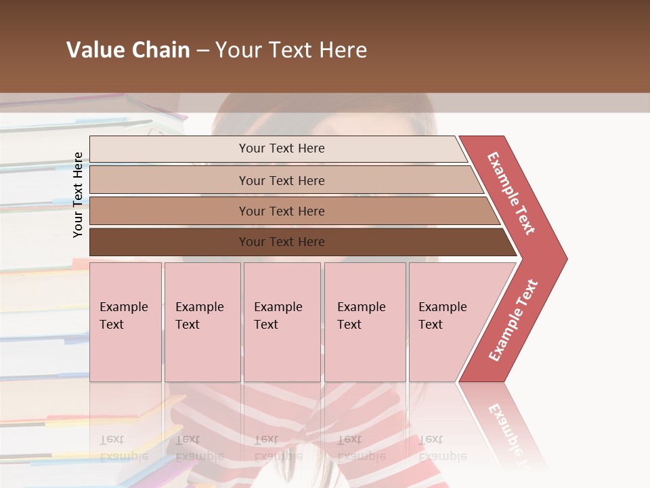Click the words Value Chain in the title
click(x=128, y=50)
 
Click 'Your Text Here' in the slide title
click(x=291, y=50)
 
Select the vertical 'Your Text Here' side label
click(x=79, y=195)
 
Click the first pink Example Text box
click(x=125, y=322)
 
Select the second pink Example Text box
click(x=202, y=322)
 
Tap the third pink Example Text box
click(x=282, y=322)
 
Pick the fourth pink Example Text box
click(x=365, y=322)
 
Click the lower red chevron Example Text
click(x=513, y=321)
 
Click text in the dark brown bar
click(x=282, y=242)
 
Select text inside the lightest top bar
click(x=282, y=148)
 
